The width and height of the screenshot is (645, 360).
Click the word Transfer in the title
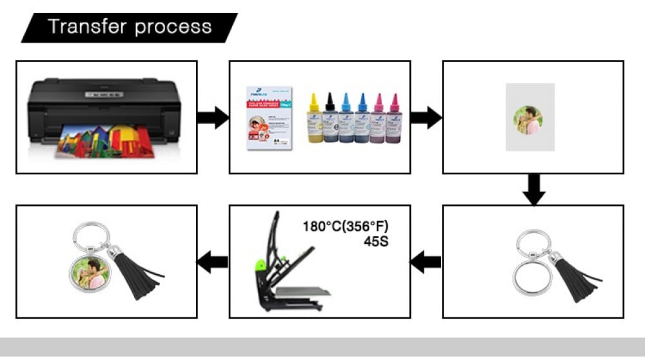coord(86,27)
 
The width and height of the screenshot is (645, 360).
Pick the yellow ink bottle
coord(313,119)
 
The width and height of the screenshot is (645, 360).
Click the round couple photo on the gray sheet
coord(528,120)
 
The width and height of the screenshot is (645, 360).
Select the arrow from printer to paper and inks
coord(213,117)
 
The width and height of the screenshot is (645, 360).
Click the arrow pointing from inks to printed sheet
coord(426,117)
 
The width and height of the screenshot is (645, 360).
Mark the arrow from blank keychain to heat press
coord(426,262)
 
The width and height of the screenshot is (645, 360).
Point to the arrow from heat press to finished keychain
coord(213,262)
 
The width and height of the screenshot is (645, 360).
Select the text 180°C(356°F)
coord(346,226)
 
